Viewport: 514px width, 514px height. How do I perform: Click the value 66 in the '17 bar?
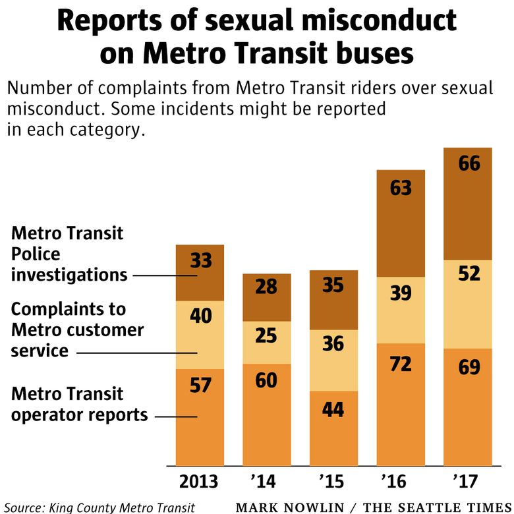pos(469,163)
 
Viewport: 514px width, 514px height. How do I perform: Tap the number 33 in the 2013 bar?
pos(200,260)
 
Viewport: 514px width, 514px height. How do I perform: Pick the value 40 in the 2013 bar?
pos(200,316)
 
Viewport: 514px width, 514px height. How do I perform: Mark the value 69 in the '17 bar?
pos(469,366)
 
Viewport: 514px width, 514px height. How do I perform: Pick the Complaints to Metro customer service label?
pos(77,329)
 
